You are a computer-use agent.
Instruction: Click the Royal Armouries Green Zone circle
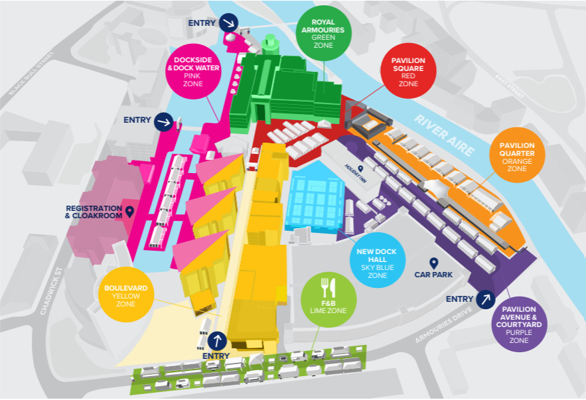[x=323, y=33]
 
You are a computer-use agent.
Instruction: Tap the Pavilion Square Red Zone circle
[x=408, y=71]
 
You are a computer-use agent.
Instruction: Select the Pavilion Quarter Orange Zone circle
[x=517, y=155]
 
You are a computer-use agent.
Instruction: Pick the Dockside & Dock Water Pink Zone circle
[x=193, y=72]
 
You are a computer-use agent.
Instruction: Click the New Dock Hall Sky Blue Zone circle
[x=378, y=260]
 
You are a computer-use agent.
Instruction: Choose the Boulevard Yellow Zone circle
[x=126, y=295]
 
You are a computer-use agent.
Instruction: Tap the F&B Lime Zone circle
[x=329, y=300]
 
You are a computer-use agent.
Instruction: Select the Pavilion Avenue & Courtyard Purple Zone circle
[x=519, y=324]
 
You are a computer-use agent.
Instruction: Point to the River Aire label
[x=444, y=135]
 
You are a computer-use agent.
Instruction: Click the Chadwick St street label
[x=52, y=291]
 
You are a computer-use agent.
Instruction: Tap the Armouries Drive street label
[x=443, y=325]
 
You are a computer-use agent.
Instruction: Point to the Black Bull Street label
[x=31, y=73]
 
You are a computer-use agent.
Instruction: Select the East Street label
[x=510, y=86]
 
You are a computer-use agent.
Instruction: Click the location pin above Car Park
[x=433, y=263]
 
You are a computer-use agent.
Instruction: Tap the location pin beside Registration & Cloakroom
[x=129, y=212]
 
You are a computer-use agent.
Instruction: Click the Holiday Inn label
[x=356, y=173]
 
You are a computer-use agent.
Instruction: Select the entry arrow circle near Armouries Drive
[x=486, y=299]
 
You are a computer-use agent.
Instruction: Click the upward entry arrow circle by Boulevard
[x=217, y=340]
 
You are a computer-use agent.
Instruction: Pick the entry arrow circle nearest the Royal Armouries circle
[x=228, y=23]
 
